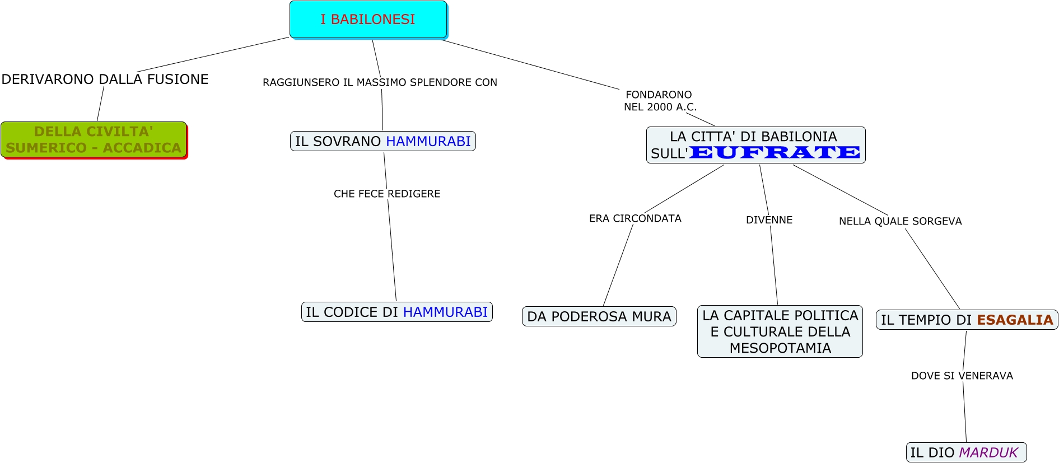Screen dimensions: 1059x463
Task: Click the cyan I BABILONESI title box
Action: pyautogui.click(x=368, y=20)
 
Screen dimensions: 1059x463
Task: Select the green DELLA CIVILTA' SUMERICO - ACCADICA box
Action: pyautogui.click(x=94, y=140)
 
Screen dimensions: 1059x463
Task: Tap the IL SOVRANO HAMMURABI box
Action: pyautogui.click(x=382, y=141)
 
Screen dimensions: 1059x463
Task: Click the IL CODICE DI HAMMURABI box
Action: pyautogui.click(x=396, y=312)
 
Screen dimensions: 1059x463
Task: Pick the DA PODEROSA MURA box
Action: pyautogui.click(x=599, y=316)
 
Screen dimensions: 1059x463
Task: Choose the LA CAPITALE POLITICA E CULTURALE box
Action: pyautogui.click(x=780, y=331)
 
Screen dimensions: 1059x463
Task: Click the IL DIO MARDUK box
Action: pyautogui.click(x=965, y=452)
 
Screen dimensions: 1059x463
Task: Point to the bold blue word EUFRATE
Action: pyautogui.click(x=775, y=152)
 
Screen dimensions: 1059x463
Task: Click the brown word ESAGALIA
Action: pyautogui.click(x=1015, y=320)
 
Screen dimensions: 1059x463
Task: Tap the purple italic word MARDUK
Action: pyautogui.click(x=988, y=452)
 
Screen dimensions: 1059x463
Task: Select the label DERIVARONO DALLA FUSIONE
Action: pyautogui.click(x=105, y=79)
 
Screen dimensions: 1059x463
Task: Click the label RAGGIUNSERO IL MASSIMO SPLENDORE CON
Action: pyautogui.click(x=380, y=82)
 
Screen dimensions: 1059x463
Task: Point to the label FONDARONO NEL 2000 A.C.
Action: pyautogui.click(x=660, y=101)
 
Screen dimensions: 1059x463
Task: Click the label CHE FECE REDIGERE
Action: pyautogui.click(x=386, y=194)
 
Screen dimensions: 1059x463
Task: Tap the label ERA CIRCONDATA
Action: pyautogui.click(x=635, y=218)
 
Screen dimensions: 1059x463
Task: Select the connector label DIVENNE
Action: pyautogui.click(x=769, y=220)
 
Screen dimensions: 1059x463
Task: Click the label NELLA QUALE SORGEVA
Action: pyautogui.click(x=900, y=221)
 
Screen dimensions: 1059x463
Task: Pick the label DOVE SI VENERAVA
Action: pyautogui.click(x=962, y=376)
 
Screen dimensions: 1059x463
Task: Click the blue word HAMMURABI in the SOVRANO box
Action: pyautogui.click(x=428, y=141)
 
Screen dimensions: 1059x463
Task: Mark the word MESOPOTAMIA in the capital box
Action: pyautogui.click(x=780, y=348)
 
